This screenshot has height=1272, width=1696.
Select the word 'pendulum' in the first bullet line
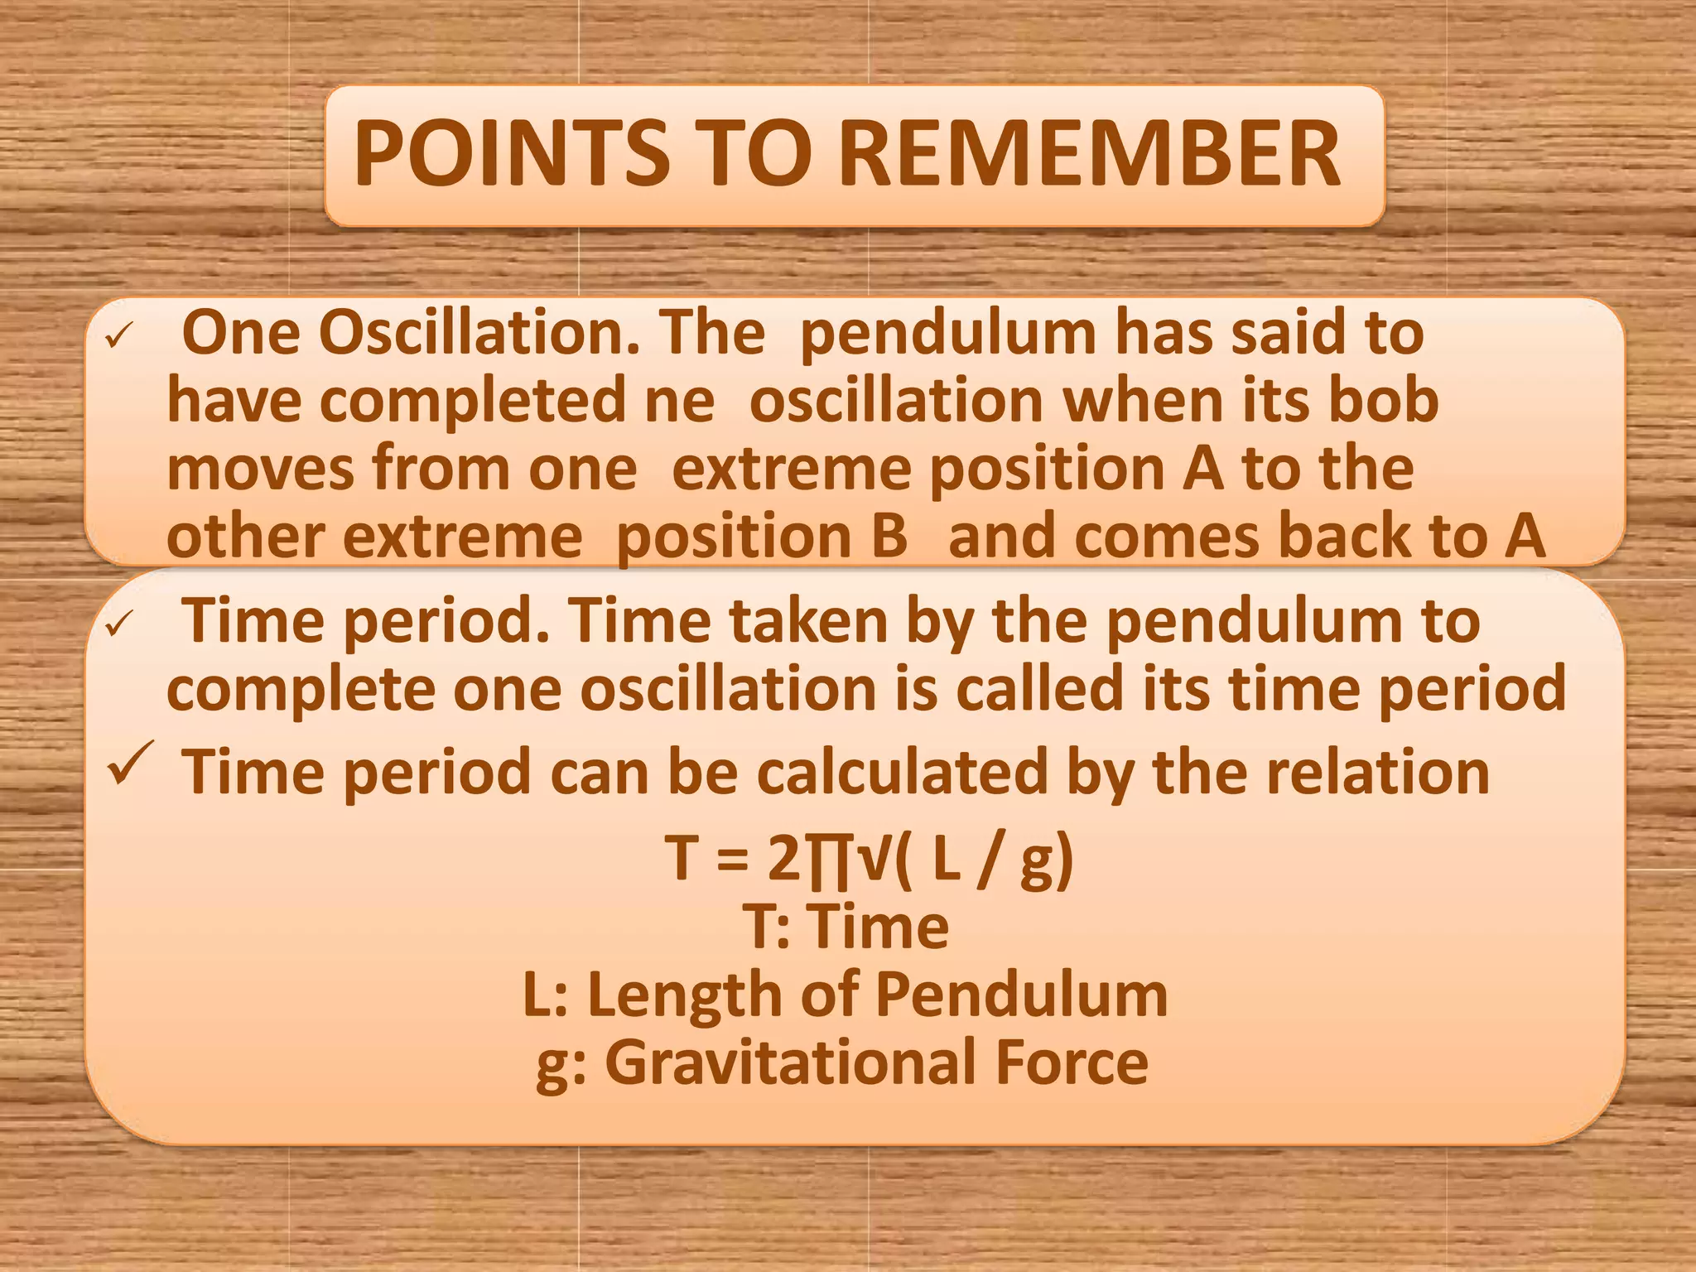click(948, 334)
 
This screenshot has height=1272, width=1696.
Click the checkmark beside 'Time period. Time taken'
click(118, 624)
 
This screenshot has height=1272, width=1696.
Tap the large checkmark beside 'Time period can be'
click(130, 764)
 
